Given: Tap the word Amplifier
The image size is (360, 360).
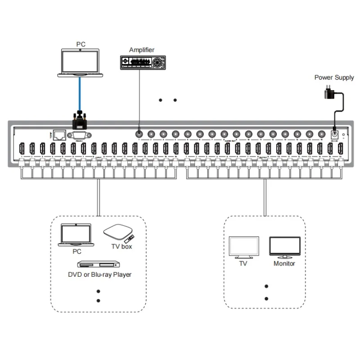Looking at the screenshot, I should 141,49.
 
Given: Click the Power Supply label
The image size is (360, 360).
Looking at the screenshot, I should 334,77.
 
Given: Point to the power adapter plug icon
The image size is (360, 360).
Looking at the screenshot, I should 328,93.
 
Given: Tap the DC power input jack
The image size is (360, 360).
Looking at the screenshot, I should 334,134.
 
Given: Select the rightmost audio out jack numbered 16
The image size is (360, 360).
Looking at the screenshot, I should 321,134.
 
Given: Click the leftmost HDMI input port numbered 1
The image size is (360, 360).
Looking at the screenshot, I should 21,148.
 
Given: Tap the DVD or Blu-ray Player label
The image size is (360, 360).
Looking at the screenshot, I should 99,274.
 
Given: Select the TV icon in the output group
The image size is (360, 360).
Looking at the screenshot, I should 243,247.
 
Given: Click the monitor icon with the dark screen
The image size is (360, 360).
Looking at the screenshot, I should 284,247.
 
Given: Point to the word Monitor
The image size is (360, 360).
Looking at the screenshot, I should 284,263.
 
